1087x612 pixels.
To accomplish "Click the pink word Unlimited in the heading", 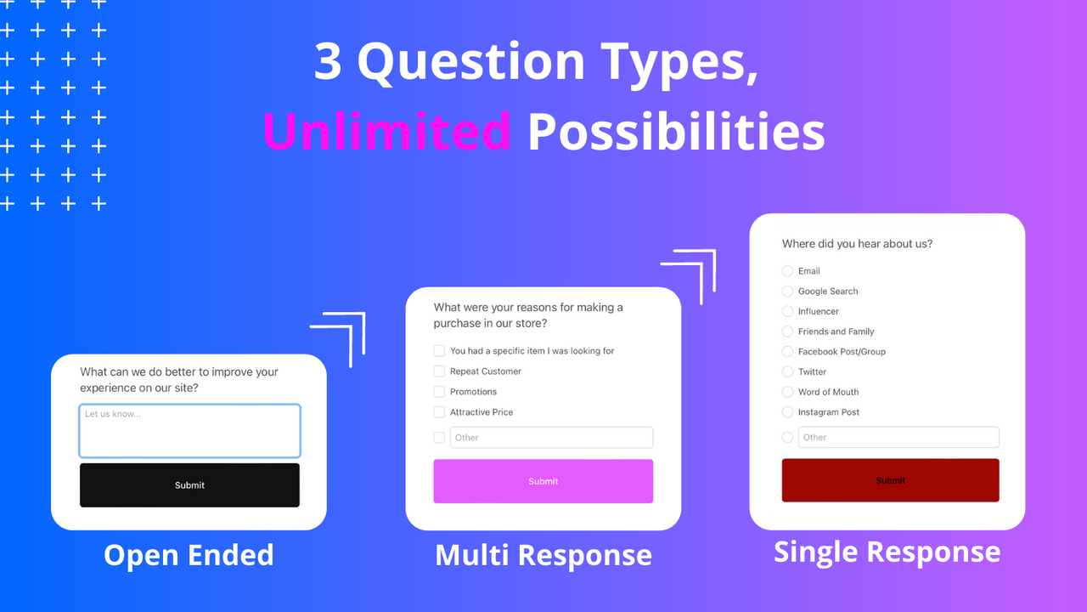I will click(386, 132).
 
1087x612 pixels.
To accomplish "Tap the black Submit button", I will click(189, 485).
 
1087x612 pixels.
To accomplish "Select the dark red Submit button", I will click(890, 480).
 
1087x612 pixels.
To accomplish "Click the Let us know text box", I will click(189, 431).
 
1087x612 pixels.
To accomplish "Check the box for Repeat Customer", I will click(439, 371).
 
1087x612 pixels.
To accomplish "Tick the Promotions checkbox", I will click(439, 392).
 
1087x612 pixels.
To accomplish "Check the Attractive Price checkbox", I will click(439, 412).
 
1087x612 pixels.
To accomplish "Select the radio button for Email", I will click(787, 271).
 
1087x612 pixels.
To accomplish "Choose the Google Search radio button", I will click(787, 292).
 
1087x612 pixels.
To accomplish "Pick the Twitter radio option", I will click(787, 372).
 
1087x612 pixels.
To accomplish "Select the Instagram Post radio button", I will click(787, 412).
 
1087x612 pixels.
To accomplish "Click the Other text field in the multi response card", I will click(551, 438).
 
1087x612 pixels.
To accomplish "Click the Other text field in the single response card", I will click(898, 438).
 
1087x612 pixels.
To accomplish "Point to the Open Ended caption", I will click(189, 555).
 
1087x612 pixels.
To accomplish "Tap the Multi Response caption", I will click(543, 555).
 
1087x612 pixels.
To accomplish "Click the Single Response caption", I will click(887, 552).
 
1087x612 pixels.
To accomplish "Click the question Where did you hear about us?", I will click(857, 244).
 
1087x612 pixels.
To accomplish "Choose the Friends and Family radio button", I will click(787, 331).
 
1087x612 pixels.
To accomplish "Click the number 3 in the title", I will click(328, 62).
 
